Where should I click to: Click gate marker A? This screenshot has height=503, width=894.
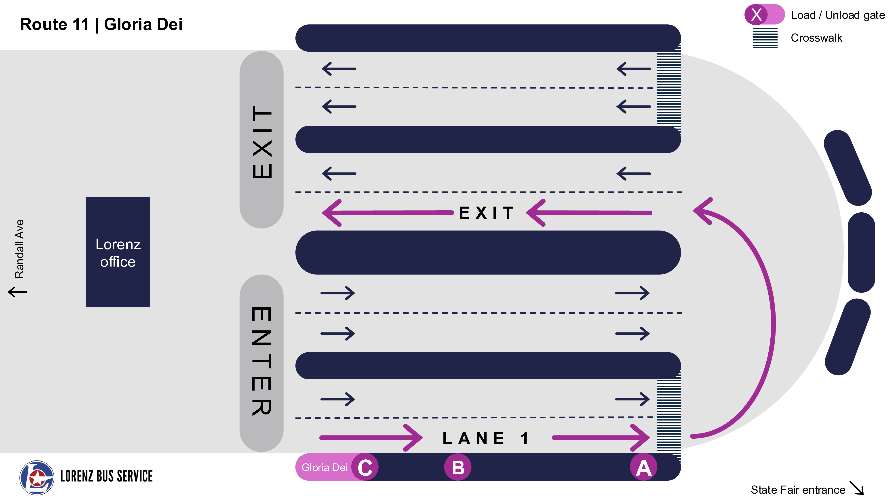click(643, 467)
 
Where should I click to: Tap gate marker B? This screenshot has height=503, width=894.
click(458, 467)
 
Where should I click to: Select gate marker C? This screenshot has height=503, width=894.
click(365, 467)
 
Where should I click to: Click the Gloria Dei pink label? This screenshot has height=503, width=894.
click(324, 467)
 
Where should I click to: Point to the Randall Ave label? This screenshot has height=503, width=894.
click(19, 249)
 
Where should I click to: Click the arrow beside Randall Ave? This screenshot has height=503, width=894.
click(17, 292)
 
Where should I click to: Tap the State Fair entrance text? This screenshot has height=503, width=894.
click(797, 489)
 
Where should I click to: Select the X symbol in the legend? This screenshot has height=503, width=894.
click(756, 15)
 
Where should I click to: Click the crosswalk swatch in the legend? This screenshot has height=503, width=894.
click(765, 38)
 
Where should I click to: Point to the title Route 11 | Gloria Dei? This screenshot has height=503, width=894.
click(101, 24)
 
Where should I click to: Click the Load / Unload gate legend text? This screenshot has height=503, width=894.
click(837, 15)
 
